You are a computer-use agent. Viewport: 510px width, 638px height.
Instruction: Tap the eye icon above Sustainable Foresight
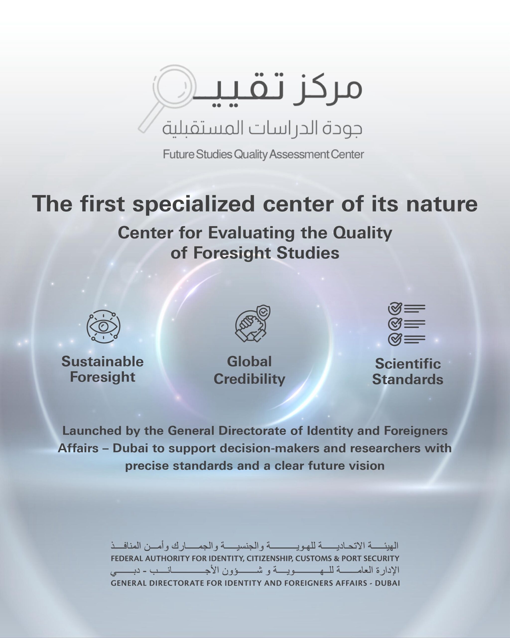[103, 326]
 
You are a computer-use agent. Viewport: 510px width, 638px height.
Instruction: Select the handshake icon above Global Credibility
[253, 324]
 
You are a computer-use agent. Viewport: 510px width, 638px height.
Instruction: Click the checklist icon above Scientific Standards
[406, 324]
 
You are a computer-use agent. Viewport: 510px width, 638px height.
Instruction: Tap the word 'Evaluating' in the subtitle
[251, 233]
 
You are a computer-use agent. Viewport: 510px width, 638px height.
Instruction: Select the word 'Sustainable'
[102, 362]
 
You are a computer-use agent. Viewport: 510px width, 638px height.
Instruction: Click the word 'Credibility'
[249, 379]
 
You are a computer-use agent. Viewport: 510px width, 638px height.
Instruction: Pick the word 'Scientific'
[408, 364]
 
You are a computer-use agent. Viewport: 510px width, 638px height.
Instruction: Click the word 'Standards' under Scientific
[408, 379]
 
